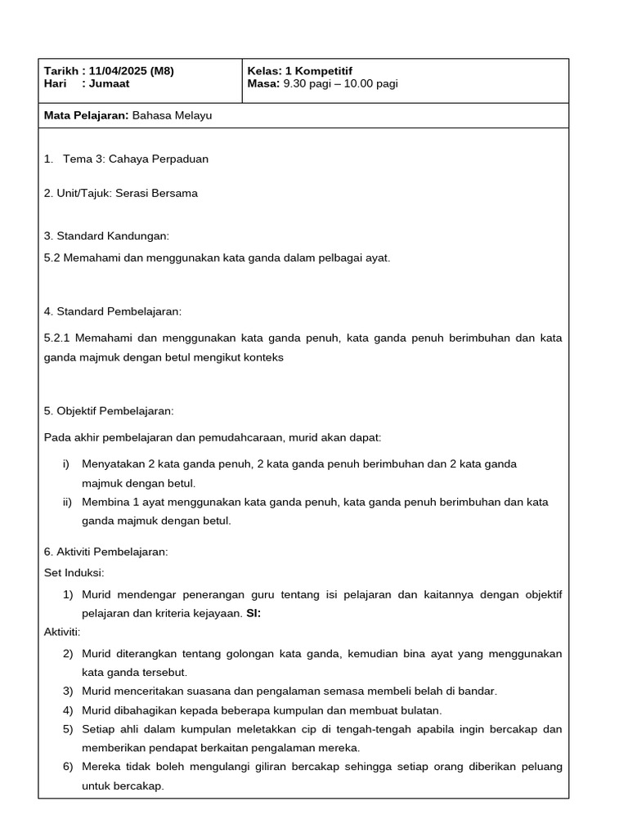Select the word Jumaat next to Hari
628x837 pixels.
pos(110,83)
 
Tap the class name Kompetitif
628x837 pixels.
pos(323,71)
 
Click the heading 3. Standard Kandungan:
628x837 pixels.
pos(106,236)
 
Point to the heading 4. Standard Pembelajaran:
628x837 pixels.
pos(113,311)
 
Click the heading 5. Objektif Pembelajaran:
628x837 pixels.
pos(109,410)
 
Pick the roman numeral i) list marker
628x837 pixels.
pos(66,463)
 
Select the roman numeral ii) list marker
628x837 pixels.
pos(68,502)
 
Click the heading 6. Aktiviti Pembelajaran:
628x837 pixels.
pos(105,552)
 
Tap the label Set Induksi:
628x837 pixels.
pos(74,572)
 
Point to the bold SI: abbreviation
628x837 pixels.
pos(253,613)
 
